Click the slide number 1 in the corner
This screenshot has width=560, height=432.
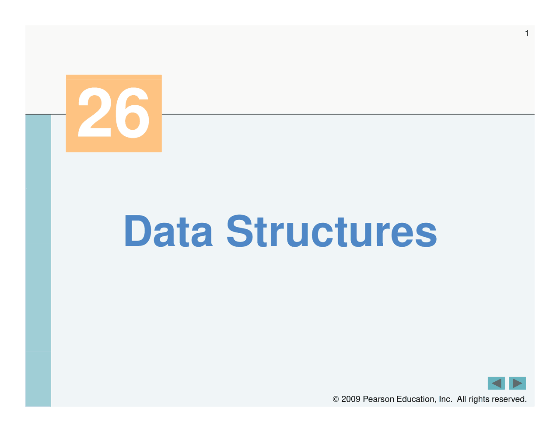(527, 34)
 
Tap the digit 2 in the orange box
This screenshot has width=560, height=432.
(94, 112)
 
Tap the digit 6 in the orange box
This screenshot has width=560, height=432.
(133, 113)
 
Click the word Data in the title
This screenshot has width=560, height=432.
(169, 231)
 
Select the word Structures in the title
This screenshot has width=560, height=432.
(332, 231)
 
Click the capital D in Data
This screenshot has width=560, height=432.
(138, 231)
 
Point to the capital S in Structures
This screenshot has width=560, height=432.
(240, 231)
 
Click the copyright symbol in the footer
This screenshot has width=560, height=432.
(336, 399)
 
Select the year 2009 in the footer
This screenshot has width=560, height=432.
(351, 399)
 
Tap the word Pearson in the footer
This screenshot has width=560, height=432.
(378, 399)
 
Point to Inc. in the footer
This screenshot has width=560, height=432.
(445, 399)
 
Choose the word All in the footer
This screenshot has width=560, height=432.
(462, 399)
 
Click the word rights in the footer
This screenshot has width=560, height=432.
(479, 400)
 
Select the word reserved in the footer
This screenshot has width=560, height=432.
(509, 399)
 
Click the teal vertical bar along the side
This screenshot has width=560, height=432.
(38, 260)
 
